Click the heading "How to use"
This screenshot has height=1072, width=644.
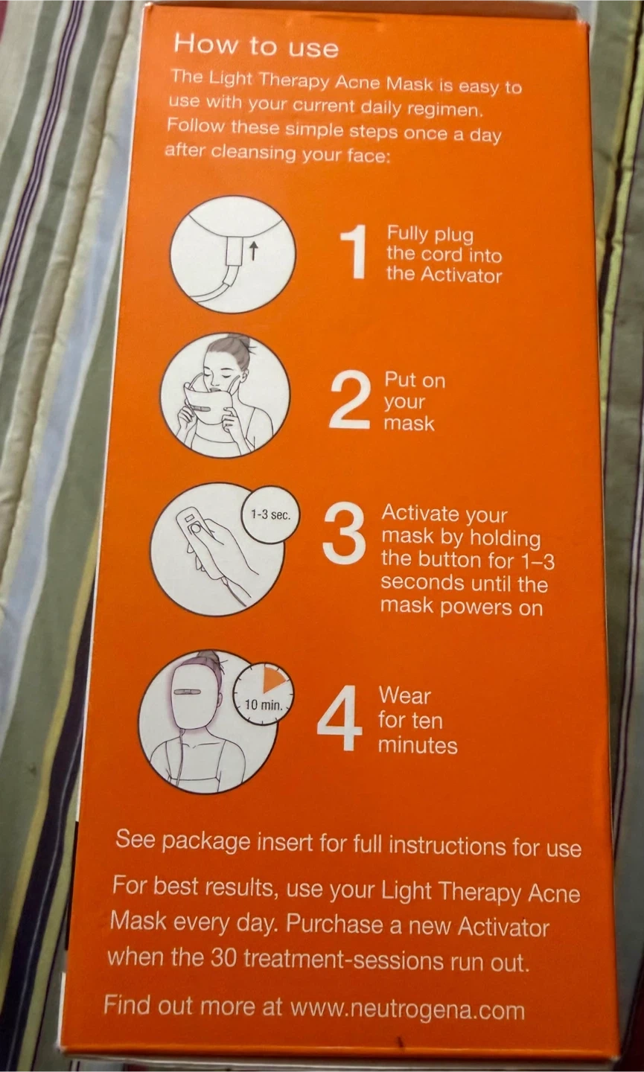(x=256, y=46)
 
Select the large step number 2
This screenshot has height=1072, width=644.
(x=350, y=400)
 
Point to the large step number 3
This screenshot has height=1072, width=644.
(x=344, y=534)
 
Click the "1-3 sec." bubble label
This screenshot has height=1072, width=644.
(x=270, y=515)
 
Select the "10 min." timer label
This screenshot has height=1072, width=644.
(x=264, y=705)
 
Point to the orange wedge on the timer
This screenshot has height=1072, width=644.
(x=273, y=680)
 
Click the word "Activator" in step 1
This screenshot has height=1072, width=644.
(x=462, y=275)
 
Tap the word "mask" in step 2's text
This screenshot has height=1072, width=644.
(x=409, y=423)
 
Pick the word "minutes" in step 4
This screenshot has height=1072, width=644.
(x=418, y=745)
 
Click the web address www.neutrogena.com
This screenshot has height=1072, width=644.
(x=408, y=1009)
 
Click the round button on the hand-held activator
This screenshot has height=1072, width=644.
(x=196, y=529)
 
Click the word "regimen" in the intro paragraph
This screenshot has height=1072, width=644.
(x=444, y=110)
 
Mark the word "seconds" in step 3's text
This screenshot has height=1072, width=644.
(x=421, y=582)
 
